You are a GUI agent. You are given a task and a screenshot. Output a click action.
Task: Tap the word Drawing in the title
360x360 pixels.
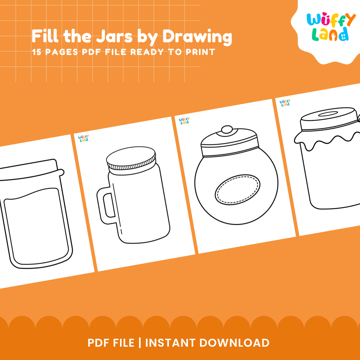pyautogui.click(x=197, y=37)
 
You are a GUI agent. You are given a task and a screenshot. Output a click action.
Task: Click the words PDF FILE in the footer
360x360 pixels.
pyautogui.click(x=111, y=343)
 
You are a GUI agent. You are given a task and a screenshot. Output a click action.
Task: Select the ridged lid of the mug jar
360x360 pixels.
pyautogui.click(x=131, y=160)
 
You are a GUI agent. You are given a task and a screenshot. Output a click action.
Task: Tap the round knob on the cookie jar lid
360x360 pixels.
pyautogui.click(x=227, y=130)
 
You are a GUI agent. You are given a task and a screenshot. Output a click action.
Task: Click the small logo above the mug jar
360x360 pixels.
pyautogui.click(x=83, y=138)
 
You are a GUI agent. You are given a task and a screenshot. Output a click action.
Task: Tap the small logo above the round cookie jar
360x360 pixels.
pyautogui.click(x=184, y=120)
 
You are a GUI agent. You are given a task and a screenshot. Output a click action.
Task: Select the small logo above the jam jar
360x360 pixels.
pyautogui.click(x=285, y=103)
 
